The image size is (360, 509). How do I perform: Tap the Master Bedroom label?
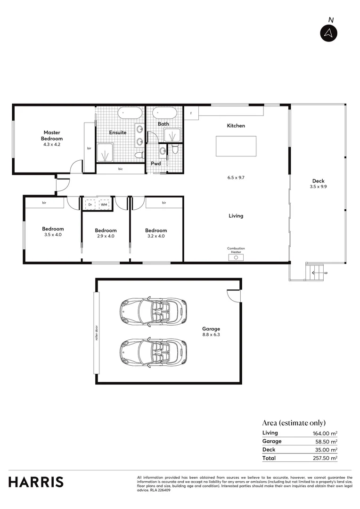tap(52, 136)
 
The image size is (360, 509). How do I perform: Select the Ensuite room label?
tap(118, 132)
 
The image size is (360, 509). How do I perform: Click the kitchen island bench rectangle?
tap(236, 146)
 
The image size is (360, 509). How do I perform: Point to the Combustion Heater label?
tap(236, 250)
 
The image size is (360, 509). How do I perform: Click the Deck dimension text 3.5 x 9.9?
tap(318, 187)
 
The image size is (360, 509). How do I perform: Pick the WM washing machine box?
tap(104, 205)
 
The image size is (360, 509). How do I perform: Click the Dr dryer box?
tap(90, 205)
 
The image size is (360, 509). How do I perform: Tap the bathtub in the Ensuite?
tap(130, 113)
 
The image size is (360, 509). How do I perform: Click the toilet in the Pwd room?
tap(175, 149)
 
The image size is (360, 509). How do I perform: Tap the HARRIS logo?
tap(36, 482)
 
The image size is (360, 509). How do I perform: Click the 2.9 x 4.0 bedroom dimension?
tap(106, 236)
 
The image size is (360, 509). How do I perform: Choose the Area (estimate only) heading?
tap(294, 423)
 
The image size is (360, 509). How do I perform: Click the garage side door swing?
tap(234, 296)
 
